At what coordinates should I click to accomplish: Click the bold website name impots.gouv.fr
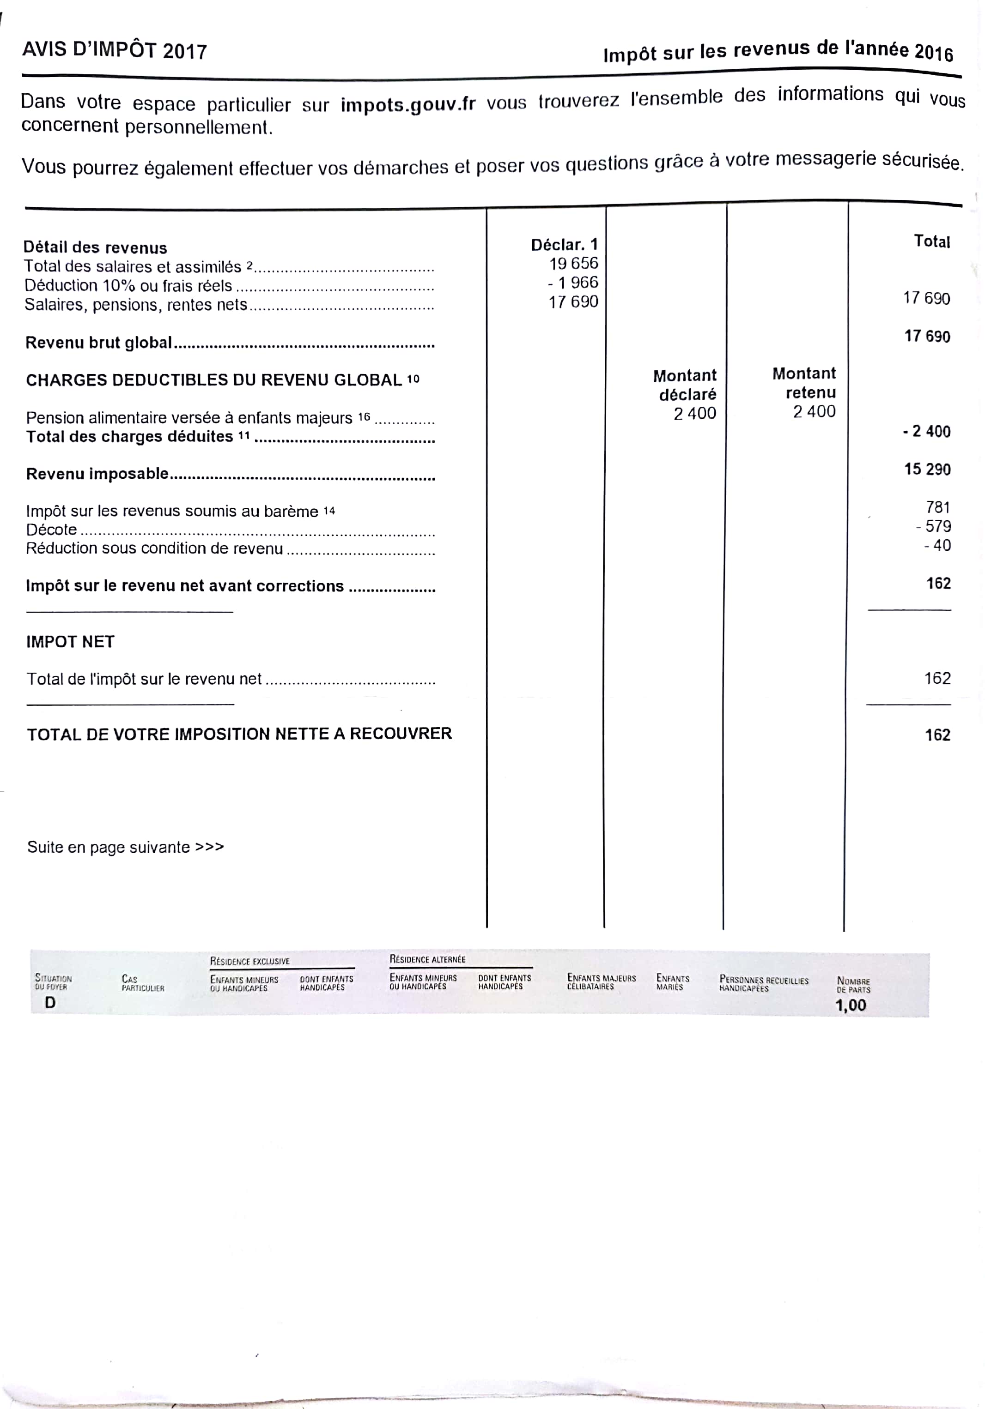pos(408,104)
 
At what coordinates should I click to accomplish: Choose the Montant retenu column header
pos(804,383)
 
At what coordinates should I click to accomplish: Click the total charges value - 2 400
pos(926,431)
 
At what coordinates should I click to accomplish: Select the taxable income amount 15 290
pos(927,470)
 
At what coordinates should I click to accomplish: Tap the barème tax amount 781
pos(938,507)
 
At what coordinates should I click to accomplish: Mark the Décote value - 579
pos(933,526)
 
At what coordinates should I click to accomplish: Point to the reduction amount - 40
pos(937,545)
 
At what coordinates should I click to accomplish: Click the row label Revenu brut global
pos(98,343)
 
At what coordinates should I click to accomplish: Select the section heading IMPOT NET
pos(70,642)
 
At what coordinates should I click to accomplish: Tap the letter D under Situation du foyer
pos(50,1003)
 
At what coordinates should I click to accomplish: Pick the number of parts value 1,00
pos(850,1005)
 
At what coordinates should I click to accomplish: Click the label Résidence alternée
pos(427,959)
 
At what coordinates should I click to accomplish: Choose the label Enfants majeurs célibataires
pos(601,982)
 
